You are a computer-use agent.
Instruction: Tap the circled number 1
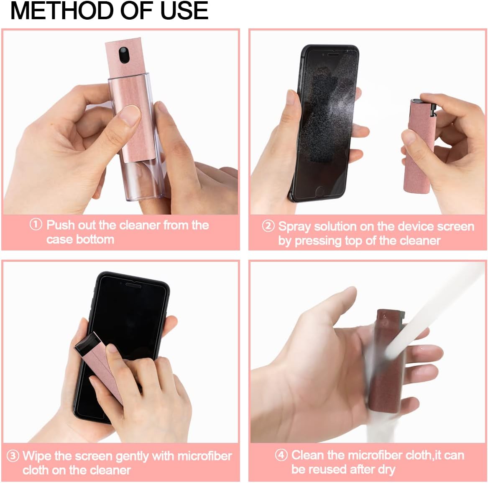[36, 225]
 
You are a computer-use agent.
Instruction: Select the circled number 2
[268, 226]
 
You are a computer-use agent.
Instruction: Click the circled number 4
[281, 455]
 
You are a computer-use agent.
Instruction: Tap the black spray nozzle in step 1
[123, 54]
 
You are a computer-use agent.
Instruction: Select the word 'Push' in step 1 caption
[61, 225]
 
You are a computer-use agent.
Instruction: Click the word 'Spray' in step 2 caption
[295, 226]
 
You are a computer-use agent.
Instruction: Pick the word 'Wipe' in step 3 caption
[37, 455]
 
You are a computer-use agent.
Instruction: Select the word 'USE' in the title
[184, 11]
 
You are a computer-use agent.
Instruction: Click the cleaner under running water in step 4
[387, 363]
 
